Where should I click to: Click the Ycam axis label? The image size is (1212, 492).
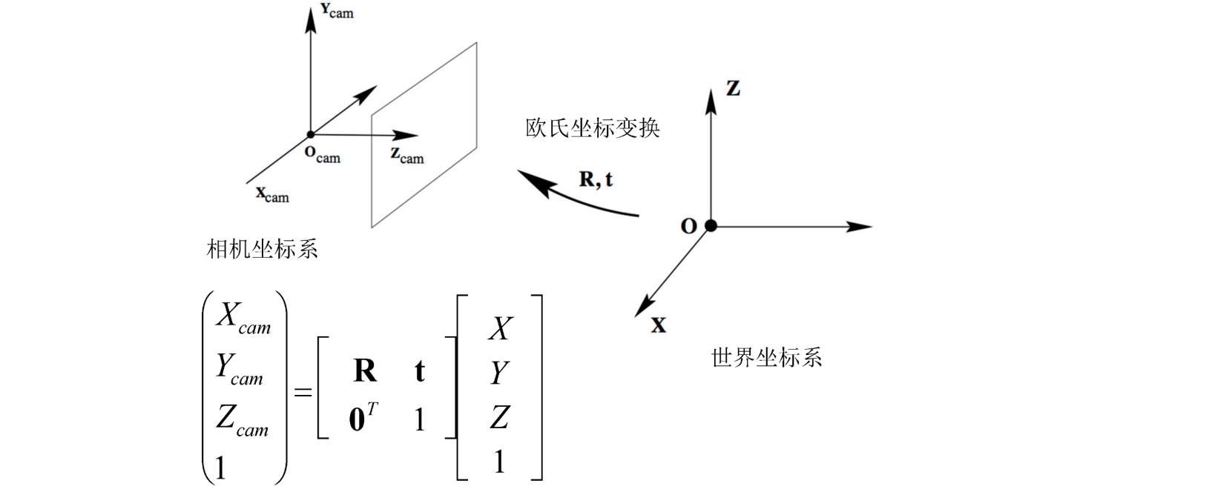pyautogui.click(x=337, y=11)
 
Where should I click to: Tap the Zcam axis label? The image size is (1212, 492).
pyautogui.click(x=406, y=156)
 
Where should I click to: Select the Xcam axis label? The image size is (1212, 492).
pyautogui.click(x=272, y=195)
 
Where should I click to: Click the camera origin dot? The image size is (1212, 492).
pyautogui.click(x=310, y=134)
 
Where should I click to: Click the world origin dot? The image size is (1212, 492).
pyautogui.click(x=711, y=225)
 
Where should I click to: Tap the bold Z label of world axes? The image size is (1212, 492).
pyautogui.click(x=733, y=88)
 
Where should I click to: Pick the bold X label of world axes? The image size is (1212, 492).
pyautogui.click(x=658, y=325)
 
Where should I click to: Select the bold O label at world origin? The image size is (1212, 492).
pyautogui.click(x=688, y=226)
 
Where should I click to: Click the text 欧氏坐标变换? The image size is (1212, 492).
pyautogui.click(x=592, y=128)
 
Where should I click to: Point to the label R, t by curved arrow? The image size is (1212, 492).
pyautogui.click(x=596, y=179)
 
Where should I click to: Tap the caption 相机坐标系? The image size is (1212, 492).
pyautogui.click(x=262, y=249)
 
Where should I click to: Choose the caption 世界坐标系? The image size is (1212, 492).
pyautogui.click(x=766, y=358)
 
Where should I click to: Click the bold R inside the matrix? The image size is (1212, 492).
pyautogui.click(x=364, y=370)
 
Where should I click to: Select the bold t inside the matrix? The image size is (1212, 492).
pyautogui.click(x=419, y=370)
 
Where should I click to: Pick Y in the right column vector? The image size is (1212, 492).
pyautogui.click(x=499, y=373)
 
